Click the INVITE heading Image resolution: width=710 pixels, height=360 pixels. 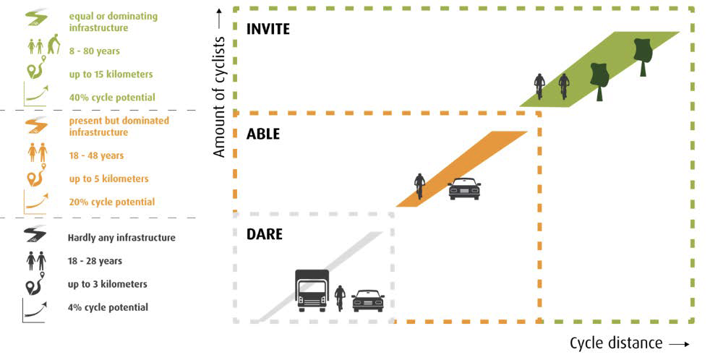(268, 30)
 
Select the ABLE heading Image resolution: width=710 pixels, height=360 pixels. (263, 134)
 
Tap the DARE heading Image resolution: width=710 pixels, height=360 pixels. (264, 234)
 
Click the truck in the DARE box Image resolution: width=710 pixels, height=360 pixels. (312, 291)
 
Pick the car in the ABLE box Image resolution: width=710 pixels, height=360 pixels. (464, 189)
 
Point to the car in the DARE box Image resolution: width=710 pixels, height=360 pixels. (368, 300)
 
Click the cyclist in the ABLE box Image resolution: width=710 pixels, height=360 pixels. (419, 186)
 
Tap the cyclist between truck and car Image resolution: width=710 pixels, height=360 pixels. (340, 297)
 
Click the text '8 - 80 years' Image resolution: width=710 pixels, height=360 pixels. (95, 51)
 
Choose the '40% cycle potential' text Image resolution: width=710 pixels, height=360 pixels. (112, 98)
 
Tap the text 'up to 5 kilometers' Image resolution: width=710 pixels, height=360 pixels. (108, 179)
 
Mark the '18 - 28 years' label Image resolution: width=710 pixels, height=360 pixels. (95, 260)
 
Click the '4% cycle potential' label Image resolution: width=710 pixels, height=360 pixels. (108, 307)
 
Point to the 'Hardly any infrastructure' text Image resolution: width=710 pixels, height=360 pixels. (121, 237)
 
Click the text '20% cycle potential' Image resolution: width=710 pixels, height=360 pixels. (112, 202)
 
